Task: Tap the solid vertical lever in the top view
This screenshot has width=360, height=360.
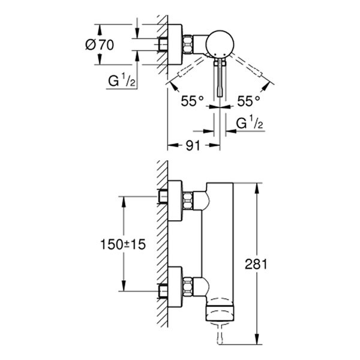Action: [x=219, y=78]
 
